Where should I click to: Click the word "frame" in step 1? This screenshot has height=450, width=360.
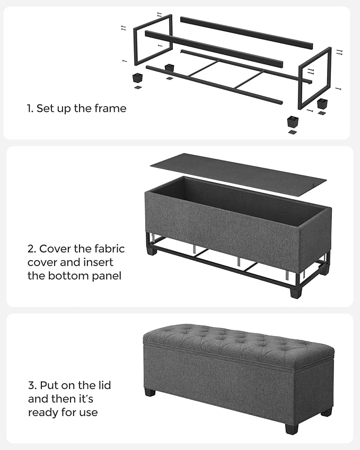(111, 109)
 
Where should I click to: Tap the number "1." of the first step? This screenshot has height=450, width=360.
(30, 109)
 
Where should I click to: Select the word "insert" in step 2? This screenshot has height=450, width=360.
(99, 262)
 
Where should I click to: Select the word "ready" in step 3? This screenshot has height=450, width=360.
(43, 412)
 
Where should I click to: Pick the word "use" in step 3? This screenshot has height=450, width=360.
(89, 412)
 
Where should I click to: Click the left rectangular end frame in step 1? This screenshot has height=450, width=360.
(153, 40)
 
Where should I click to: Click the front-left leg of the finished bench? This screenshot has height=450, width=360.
(150, 393)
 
